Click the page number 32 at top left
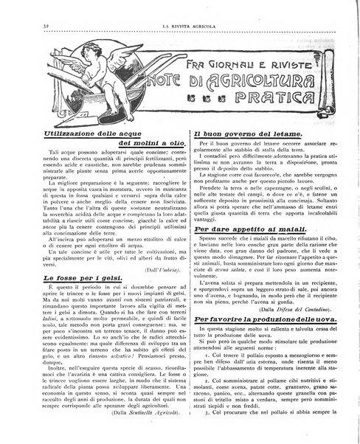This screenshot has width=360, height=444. (x=37, y=27)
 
